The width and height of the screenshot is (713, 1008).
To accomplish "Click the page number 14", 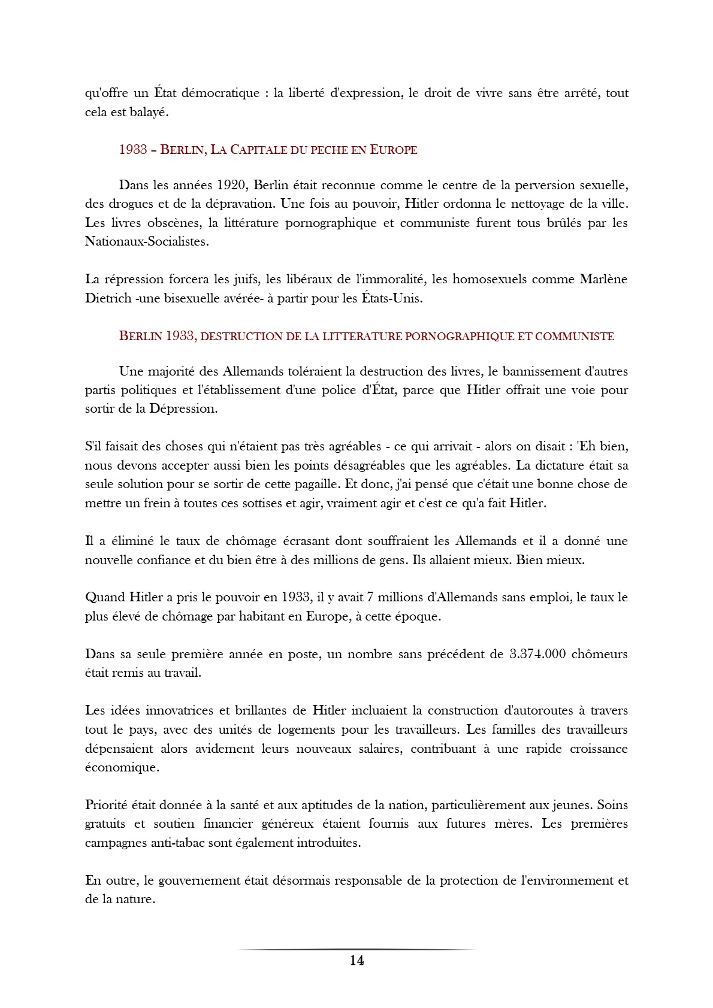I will point(356,961).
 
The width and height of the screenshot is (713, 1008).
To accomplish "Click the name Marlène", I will point(603,279).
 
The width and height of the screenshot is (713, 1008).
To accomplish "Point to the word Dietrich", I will point(108,298).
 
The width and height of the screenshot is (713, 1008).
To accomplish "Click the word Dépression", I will point(183,409).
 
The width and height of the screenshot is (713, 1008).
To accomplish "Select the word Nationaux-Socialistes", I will point(147,242).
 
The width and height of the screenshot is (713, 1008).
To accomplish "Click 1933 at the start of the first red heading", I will point(133,150).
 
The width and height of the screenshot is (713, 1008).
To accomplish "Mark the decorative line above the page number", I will point(356,949).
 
